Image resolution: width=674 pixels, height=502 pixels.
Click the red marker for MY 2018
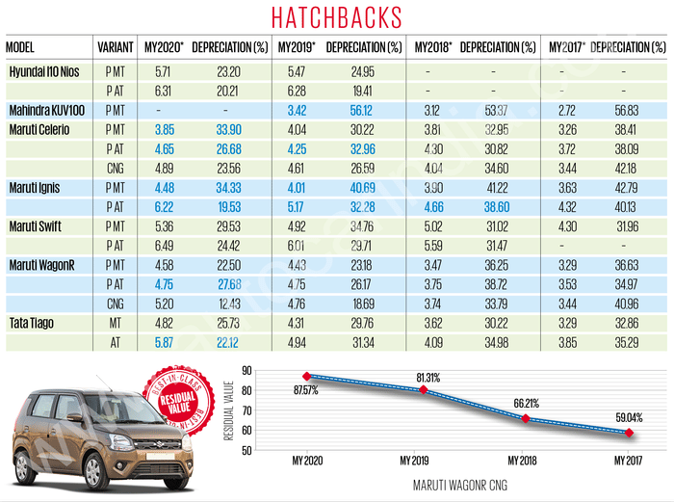click(525, 418)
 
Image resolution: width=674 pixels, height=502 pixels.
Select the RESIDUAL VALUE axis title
click(228, 410)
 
